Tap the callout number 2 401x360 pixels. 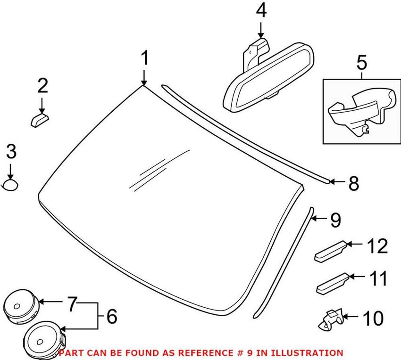click(42, 86)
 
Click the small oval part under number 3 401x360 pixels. click(10, 185)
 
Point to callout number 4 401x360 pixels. click(261, 10)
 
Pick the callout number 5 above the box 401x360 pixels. click(361, 62)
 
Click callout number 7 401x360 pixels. click(71, 305)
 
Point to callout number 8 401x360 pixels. click(353, 183)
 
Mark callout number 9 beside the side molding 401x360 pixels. click(334, 220)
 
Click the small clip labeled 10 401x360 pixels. click(330, 320)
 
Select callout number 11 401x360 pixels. click(377, 278)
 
